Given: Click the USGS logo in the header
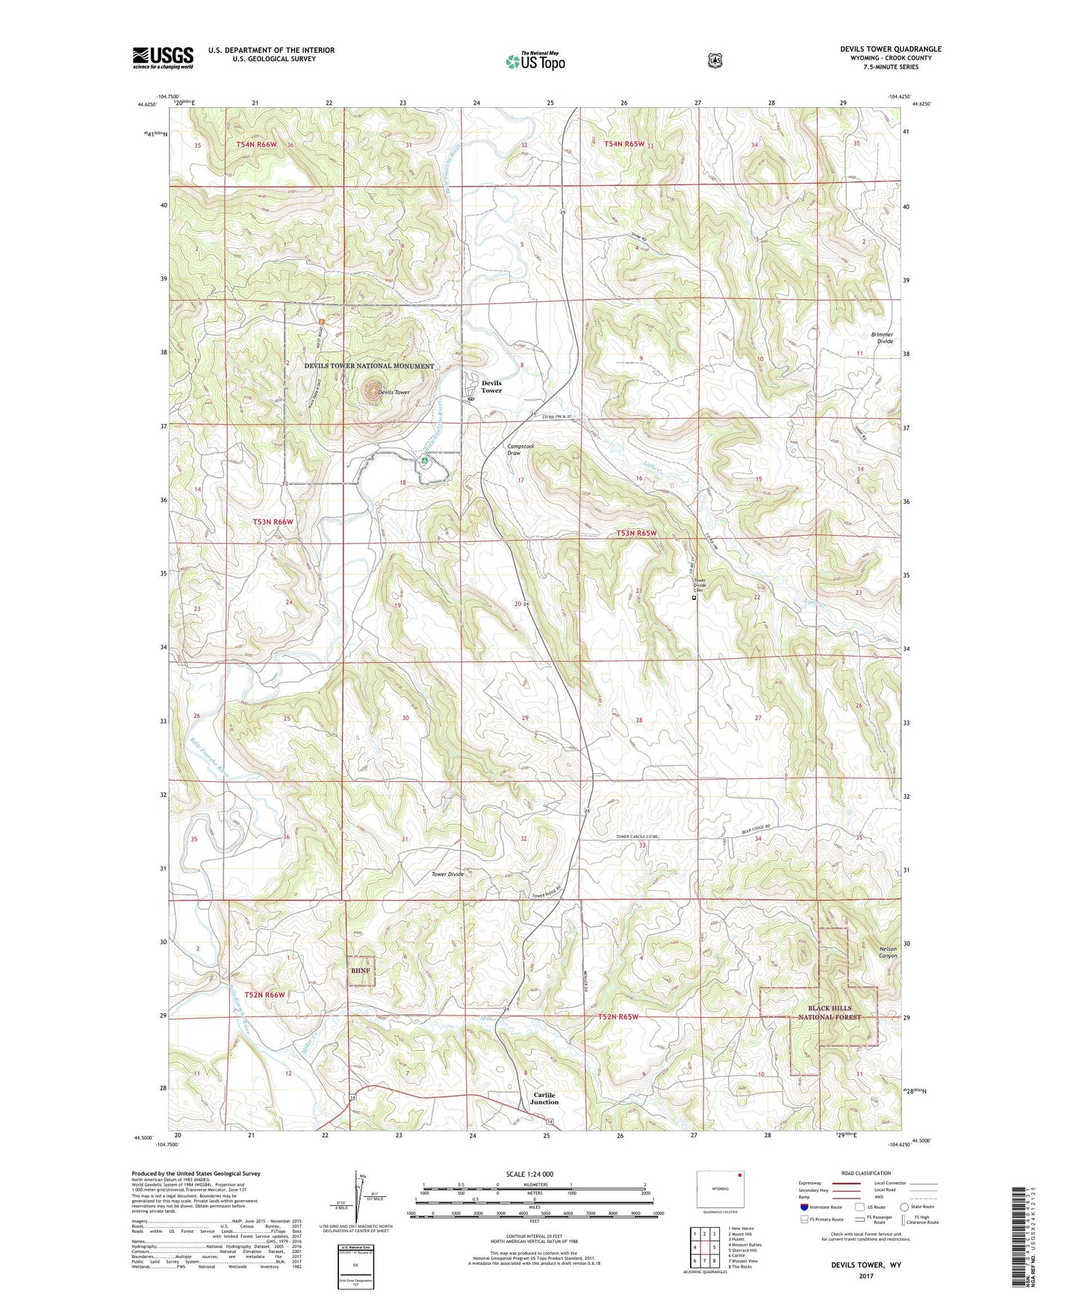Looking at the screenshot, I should coord(163,57).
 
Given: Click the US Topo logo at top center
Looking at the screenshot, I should coord(535,61).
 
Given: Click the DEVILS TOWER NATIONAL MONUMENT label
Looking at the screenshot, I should coord(369,366).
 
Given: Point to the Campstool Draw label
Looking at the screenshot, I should coord(514,449).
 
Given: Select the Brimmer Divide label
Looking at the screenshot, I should coord(881,338).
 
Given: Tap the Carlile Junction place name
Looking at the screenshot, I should coord(544,1099).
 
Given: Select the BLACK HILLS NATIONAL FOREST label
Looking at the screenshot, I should coord(829,1013).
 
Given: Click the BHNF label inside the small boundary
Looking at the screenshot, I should coord(360,971).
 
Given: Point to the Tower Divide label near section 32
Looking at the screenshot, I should coord(447,874).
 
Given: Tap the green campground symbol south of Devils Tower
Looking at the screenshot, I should coord(424,460).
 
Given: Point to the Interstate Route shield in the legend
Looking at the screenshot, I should coord(803,1207).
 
